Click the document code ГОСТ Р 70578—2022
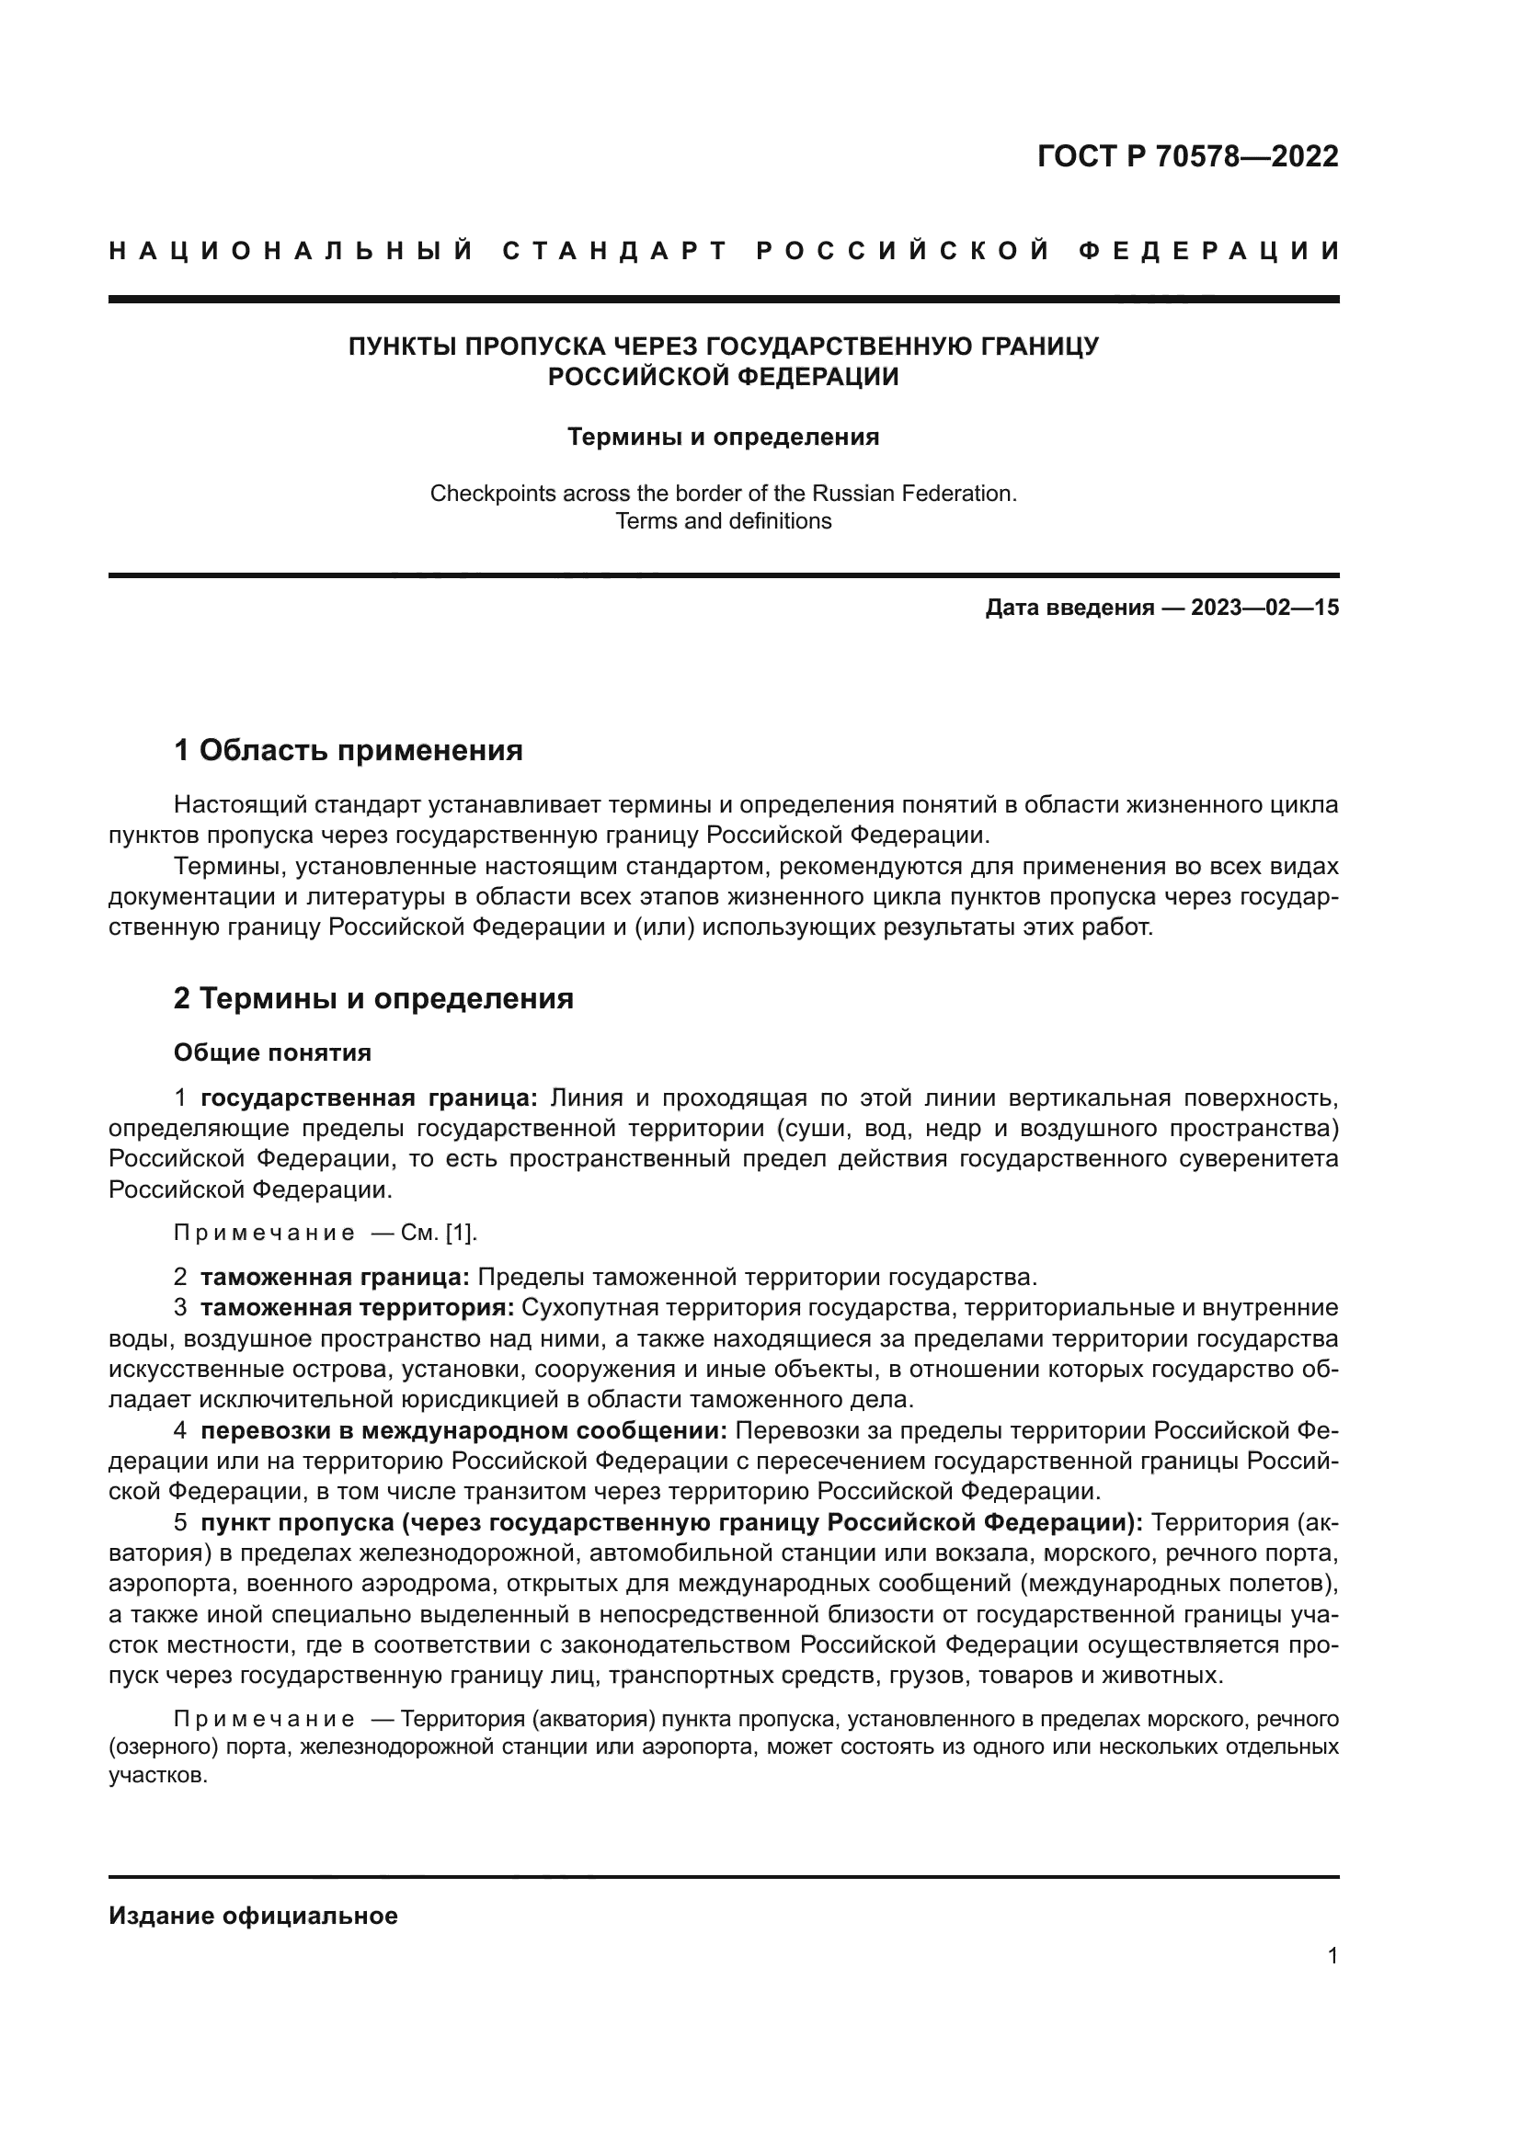point(1187,156)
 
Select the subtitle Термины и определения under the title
point(723,438)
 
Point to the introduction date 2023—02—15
point(1264,608)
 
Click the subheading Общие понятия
point(271,1052)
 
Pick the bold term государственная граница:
point(369,1098)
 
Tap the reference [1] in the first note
point(460,1234)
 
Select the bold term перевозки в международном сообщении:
point(463,1431)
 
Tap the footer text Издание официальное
point(253,1916)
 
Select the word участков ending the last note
point(155,1777)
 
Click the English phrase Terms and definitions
point(723,521)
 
